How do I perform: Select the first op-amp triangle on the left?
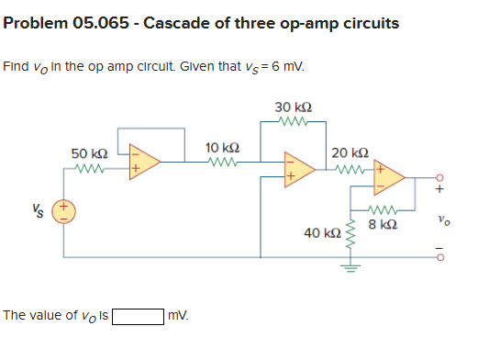coord(144,161)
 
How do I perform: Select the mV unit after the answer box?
coord(178,317)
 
